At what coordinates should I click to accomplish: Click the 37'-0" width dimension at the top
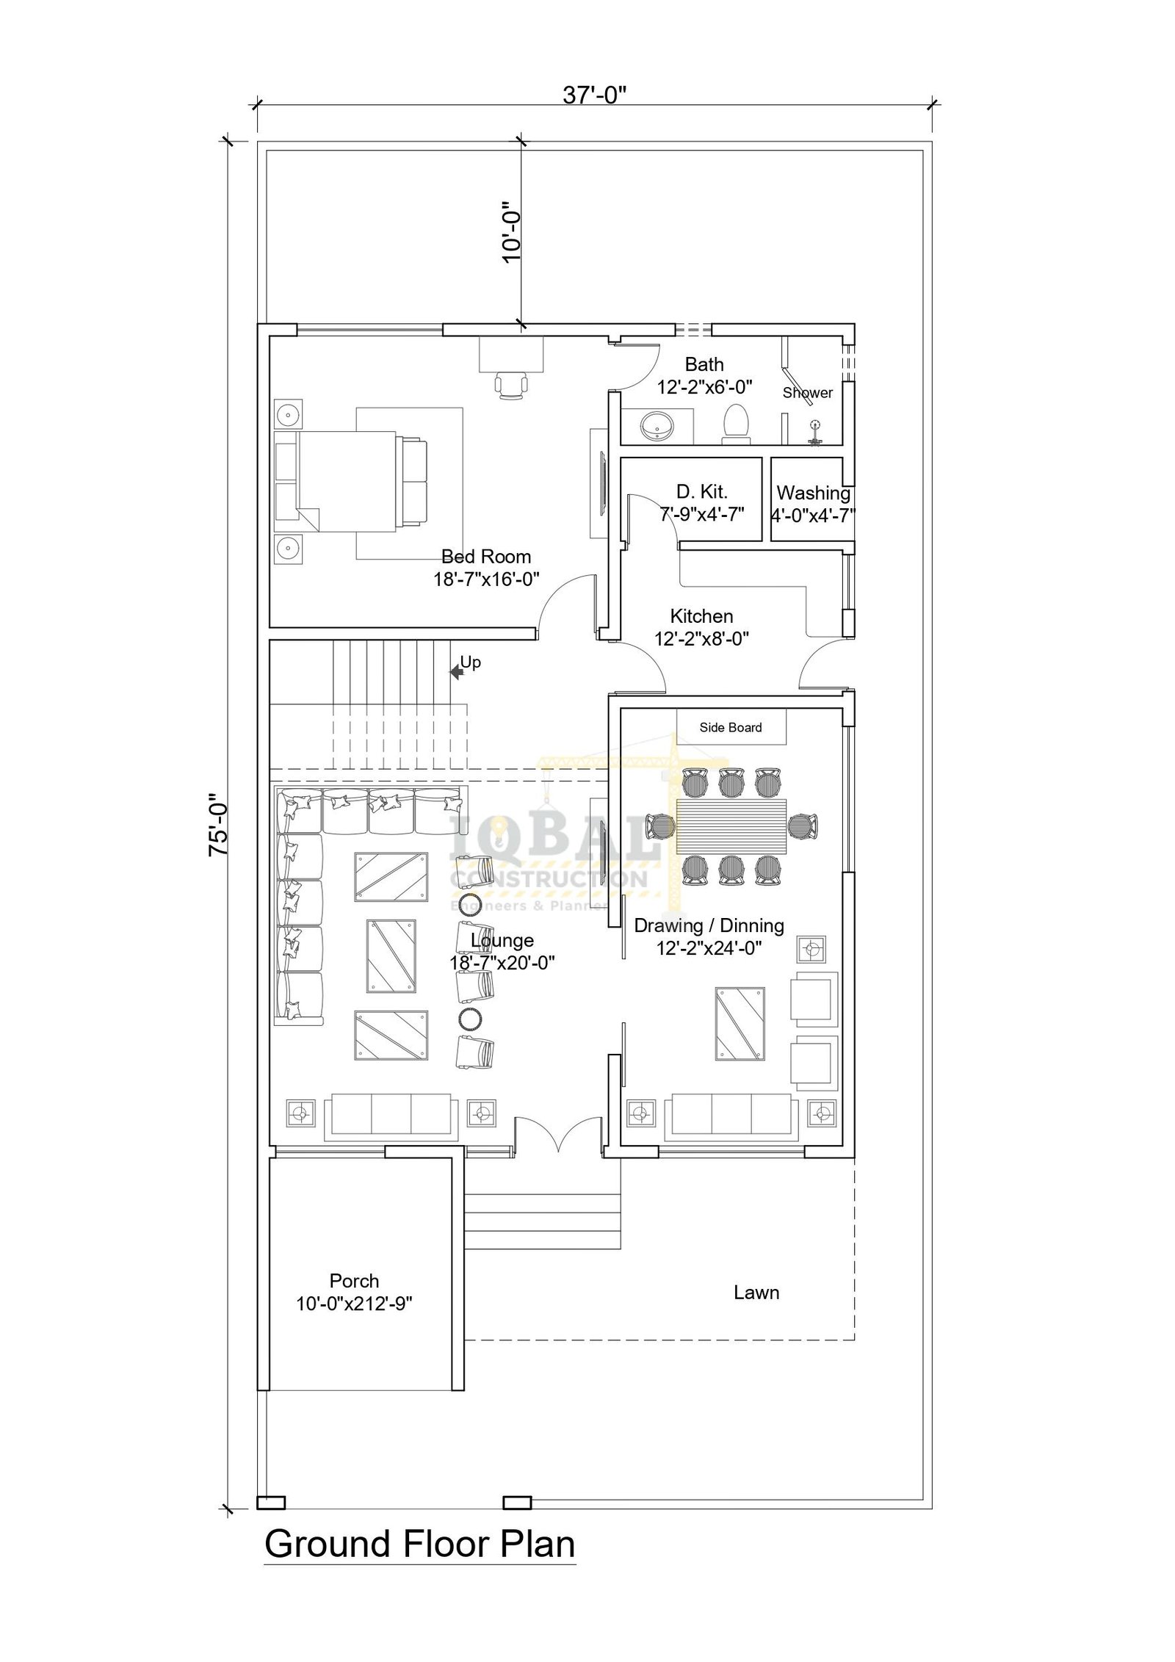(x=594, y=95)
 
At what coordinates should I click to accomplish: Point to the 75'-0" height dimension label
(x=219, y=824)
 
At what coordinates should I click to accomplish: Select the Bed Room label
(x=486, y=557)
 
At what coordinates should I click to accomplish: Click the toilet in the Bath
(x=735, y=424)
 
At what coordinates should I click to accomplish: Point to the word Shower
(x=808, y=393)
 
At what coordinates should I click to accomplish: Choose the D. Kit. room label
(x=702, y=491)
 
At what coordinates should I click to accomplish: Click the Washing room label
(x=814, y=493)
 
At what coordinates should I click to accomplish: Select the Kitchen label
(x=701, y=615)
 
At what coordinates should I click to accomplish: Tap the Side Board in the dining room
(x=731, y=727)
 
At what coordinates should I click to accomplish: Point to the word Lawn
(x=756, y=1293)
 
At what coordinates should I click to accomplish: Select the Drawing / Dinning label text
(x=709, y=925)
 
